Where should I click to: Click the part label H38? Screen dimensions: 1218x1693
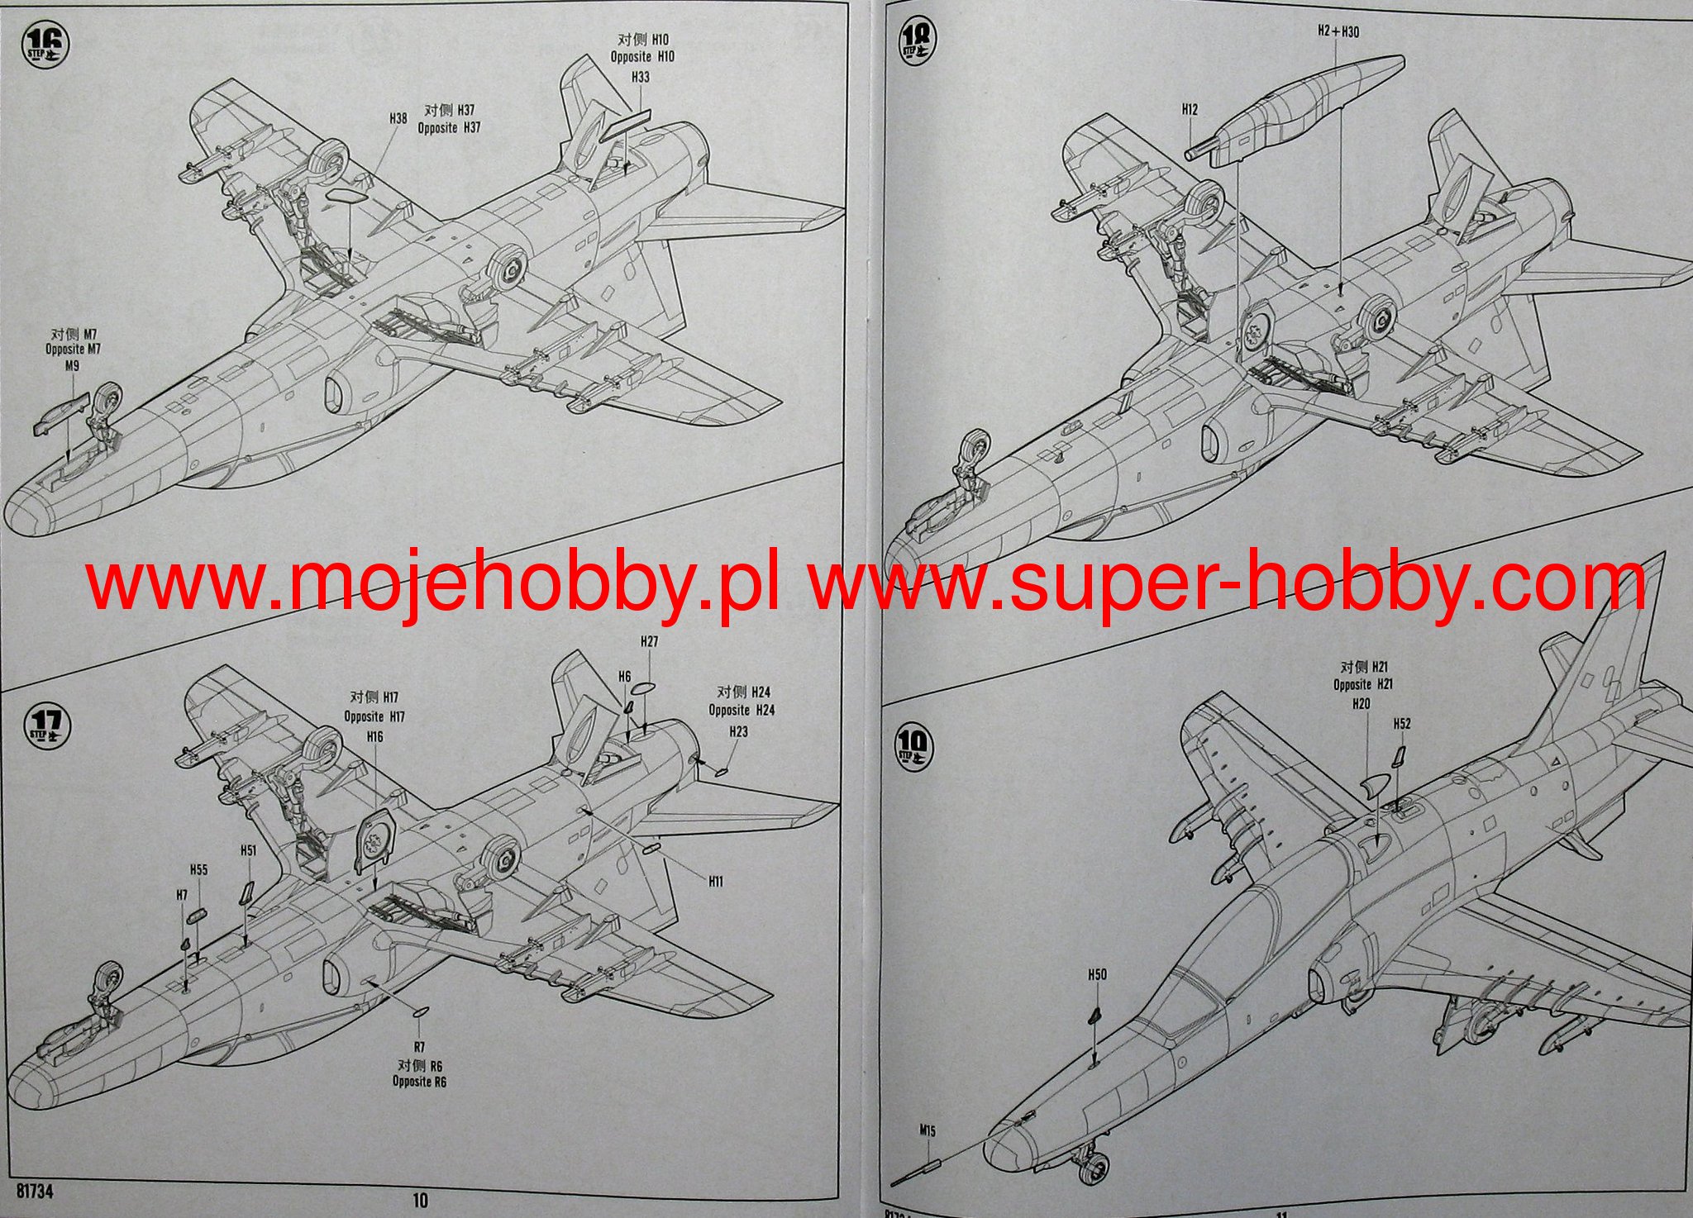coord(398,119)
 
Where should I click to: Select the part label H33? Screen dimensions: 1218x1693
coord(640,77)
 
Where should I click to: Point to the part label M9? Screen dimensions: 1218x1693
coord(72,365)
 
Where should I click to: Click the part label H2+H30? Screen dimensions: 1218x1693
coord(1338,32)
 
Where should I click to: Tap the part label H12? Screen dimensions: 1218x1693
coord(1190,109)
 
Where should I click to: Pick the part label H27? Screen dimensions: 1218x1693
coord(649,642)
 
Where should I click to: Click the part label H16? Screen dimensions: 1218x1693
coord(374,736)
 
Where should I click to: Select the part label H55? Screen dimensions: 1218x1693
coord(198,870)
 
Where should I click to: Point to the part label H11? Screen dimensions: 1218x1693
coord(716,882)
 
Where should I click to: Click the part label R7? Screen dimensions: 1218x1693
coord(419,1048)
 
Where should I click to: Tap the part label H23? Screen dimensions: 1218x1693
coord(738,732)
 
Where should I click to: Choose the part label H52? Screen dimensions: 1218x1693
coord(1401,724)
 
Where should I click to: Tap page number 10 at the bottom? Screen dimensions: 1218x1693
coord(420,1199)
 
